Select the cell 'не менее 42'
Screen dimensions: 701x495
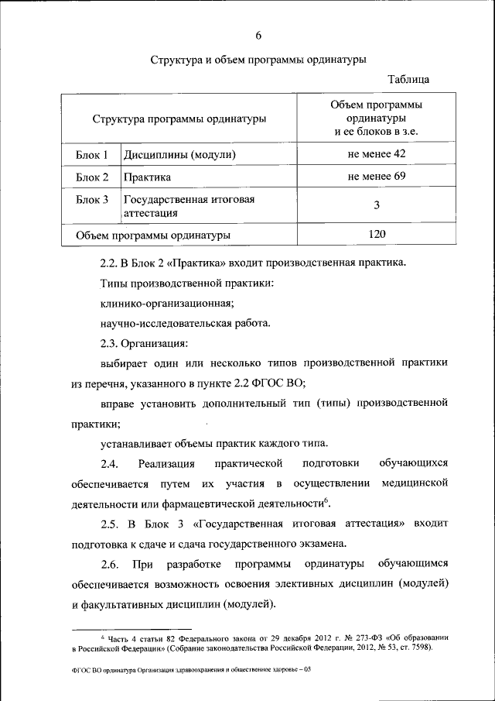377,153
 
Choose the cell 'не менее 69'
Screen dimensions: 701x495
377,177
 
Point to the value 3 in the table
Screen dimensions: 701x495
377,205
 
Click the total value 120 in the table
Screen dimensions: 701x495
377,233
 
